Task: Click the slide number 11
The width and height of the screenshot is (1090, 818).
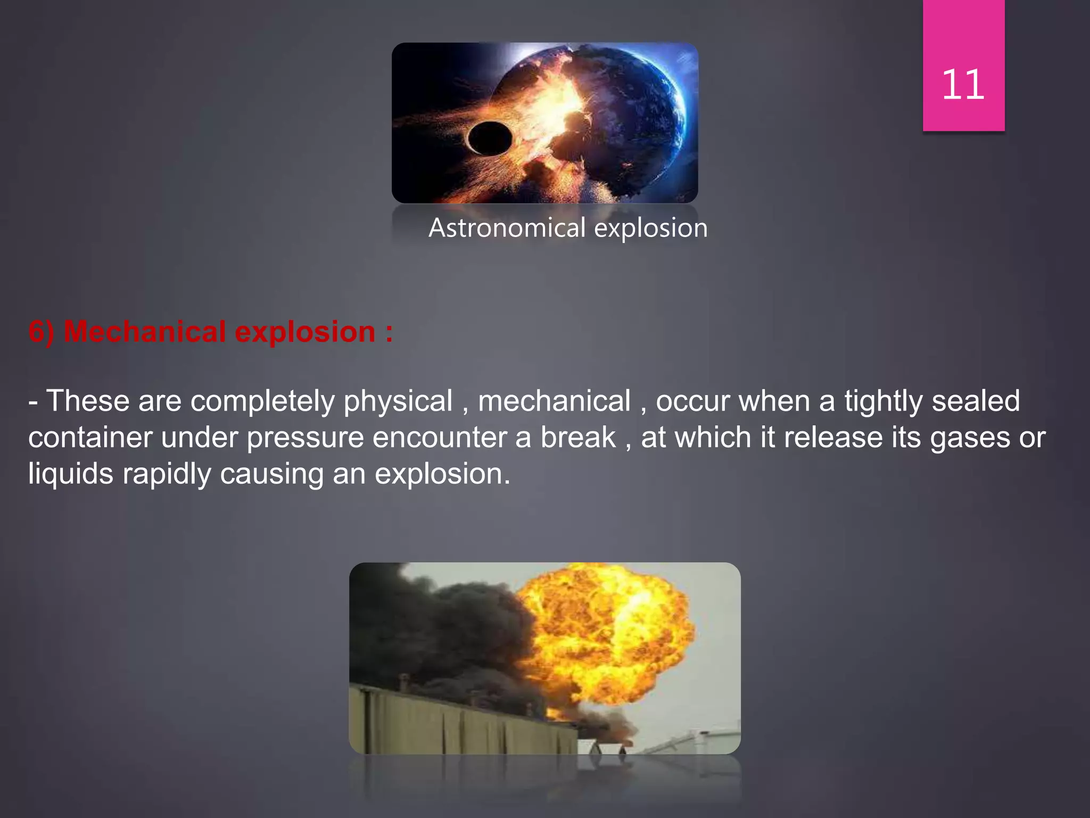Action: click(x=963, y=85)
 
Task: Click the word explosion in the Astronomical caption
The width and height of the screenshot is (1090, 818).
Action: click(x=650, y=228)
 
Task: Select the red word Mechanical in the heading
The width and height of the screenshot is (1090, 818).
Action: click(x=145, y=332)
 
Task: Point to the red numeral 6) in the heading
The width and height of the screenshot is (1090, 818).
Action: click(x=42, y=332)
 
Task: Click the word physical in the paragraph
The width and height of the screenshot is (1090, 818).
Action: click(x=398, y=402)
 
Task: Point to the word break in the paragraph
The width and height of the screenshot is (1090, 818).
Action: click(x=578, y=438)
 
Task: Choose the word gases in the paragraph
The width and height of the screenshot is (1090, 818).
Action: click(x=970, y=438)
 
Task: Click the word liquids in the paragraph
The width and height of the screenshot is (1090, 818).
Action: click(x=71, y=474)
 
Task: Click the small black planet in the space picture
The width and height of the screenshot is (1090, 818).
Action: click(x=490, y=138)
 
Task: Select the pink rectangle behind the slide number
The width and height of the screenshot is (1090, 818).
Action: click(x=963, y=32)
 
